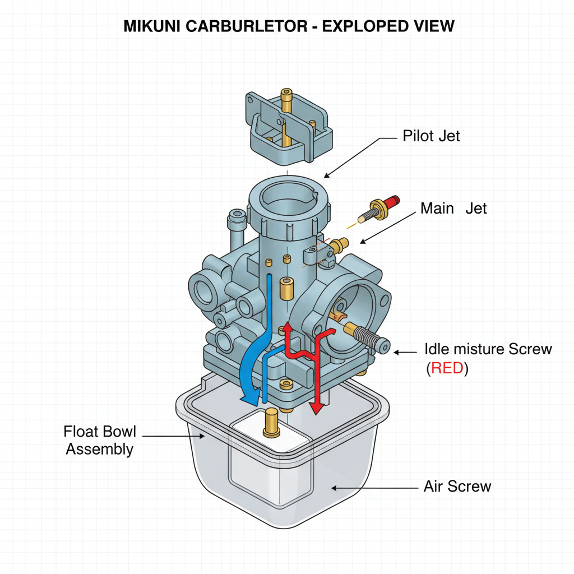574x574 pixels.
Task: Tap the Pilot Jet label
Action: tap(431, 136)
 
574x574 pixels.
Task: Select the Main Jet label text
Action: tap(453, 209)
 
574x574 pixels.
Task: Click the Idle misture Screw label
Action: tap(488, 349)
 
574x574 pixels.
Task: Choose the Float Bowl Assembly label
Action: tap(100, 441)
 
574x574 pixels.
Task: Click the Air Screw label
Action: tap(457, 486)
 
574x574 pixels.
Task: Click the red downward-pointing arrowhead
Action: tap(317, 408)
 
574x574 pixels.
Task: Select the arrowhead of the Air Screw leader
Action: tap(335, 488)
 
